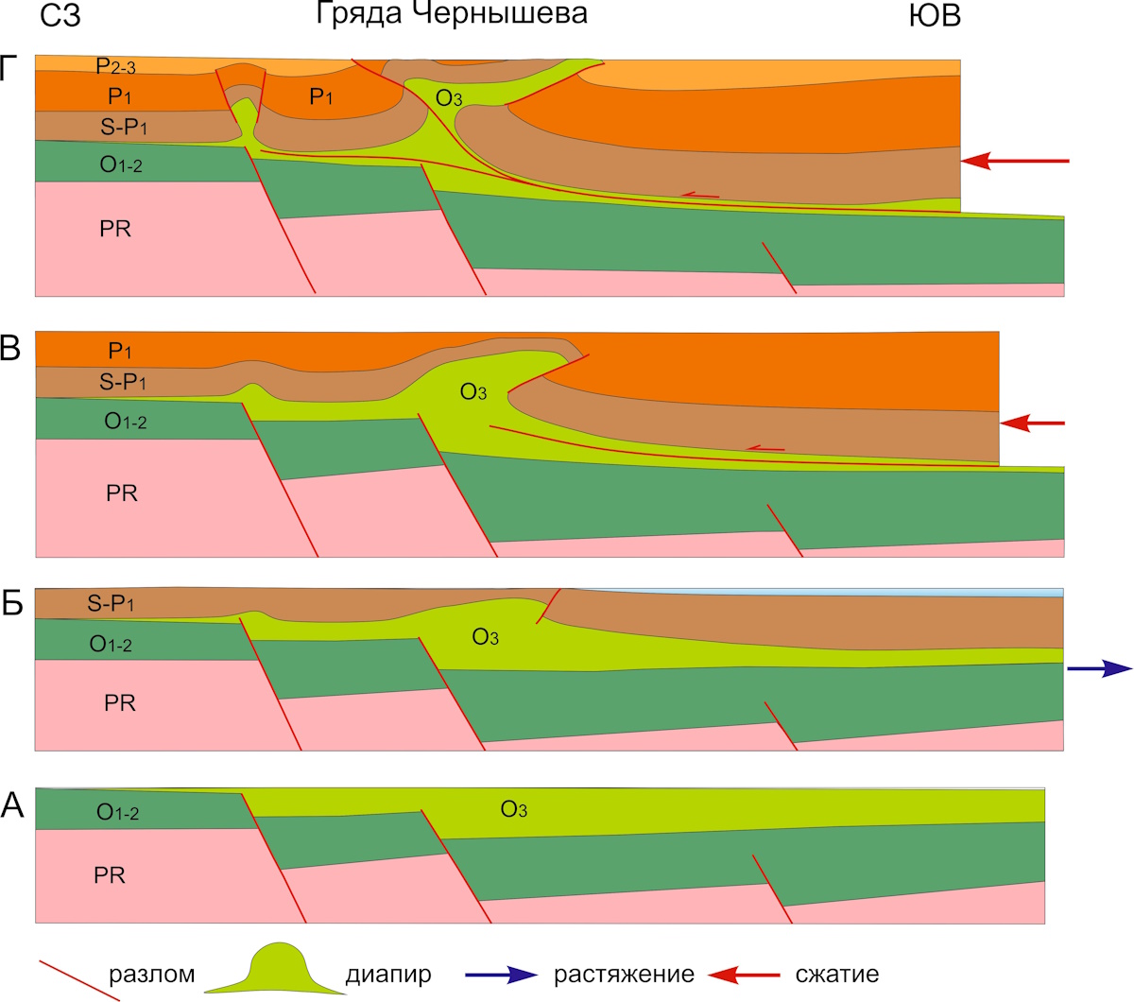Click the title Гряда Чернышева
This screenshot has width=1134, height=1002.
coord(452,13)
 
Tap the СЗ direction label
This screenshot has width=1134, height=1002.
coord(60,16)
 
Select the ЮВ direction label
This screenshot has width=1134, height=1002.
coord(935,16)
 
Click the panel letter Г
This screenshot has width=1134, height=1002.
coord(9,69)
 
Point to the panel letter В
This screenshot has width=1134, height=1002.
coord(10,348)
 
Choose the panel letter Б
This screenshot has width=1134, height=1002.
coord(11,603)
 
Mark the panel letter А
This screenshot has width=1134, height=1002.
coord(11,806)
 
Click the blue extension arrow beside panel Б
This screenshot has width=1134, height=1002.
coord(1100,668)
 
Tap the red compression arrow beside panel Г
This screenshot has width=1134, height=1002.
coord(1015,161)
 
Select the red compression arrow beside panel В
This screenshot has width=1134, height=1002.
coord(1032,423)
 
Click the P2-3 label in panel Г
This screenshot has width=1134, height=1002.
coord(115,67)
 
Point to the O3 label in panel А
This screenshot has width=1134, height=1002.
coord(513,809)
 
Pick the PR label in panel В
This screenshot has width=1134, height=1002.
coord(122,492)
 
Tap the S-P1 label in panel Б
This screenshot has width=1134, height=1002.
coord(111,604)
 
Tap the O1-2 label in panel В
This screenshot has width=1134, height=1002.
coord(126,422)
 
